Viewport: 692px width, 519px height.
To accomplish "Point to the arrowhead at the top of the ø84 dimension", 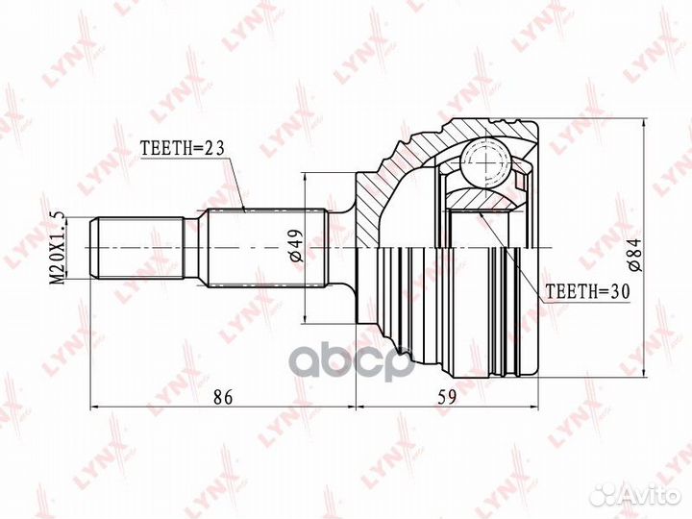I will [641, 126].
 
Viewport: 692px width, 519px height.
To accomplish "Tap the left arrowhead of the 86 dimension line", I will [95, 408].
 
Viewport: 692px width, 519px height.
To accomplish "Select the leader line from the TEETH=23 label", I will [235, 183].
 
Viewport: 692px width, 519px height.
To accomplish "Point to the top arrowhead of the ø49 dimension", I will [305, 179].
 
